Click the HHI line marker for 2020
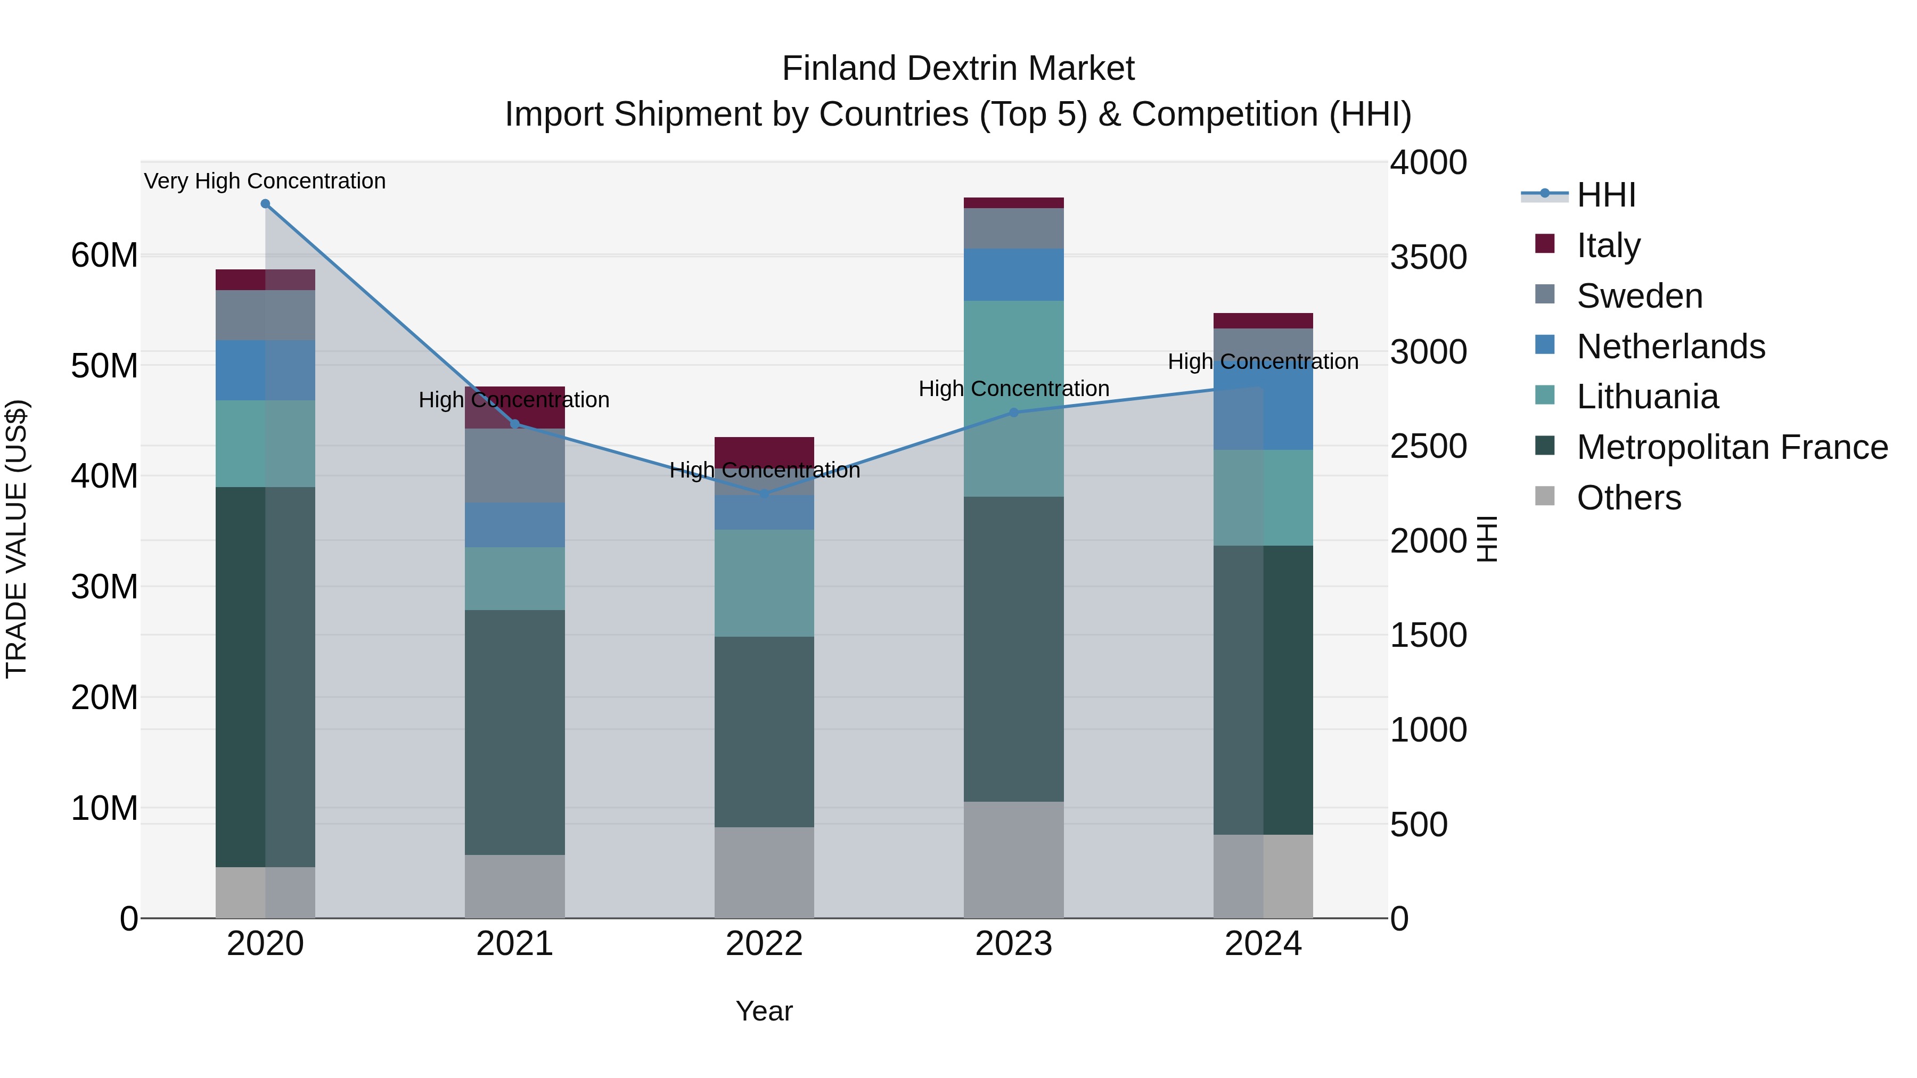coord(265,204)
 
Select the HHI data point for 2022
coord(764,494)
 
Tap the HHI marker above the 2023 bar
coord(1013,412)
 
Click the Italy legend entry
coord(1608,245)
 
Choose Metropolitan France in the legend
coord(1732,447)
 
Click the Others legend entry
coord(1628,498)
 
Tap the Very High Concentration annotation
coord(265,182)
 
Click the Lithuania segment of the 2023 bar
coord(1013,398)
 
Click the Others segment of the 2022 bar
coord(764,872)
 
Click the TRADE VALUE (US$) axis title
coord(17,539)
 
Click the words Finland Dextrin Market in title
coord(958,69)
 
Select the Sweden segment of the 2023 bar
coord(1013,228)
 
